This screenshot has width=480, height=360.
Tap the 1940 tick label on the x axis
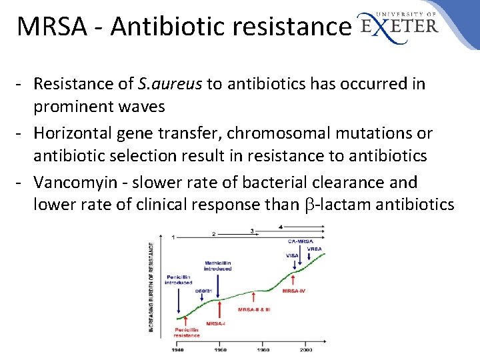178,349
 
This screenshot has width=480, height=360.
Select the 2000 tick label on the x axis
305,349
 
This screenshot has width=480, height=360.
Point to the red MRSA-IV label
294,291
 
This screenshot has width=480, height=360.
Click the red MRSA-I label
215,323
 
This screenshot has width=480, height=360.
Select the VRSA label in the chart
315,249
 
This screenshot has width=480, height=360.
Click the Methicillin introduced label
219,265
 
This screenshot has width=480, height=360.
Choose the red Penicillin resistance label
187,332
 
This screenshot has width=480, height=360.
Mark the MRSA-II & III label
254,309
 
